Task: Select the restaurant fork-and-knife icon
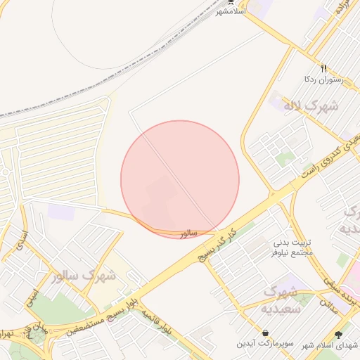pos(323,68)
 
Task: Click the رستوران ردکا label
pos(321,80)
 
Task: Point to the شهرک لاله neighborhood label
pos(311,106)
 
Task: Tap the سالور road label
pos(188,233)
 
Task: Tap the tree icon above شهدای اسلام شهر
pos(339,335)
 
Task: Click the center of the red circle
pos(180,179)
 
